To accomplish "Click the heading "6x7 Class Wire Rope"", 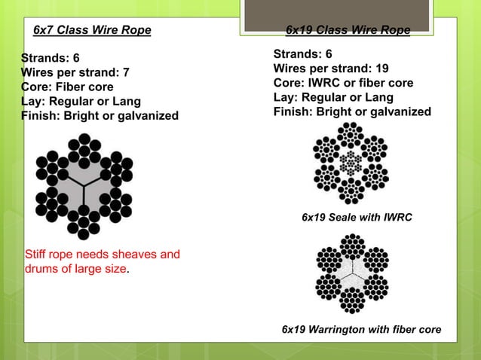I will (x=92, y=30).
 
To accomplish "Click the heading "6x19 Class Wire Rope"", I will (x=348, y=30).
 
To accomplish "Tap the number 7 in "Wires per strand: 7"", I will (x=126, y=72).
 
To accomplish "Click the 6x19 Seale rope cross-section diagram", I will (x=351, y=163).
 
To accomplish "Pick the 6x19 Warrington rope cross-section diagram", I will (x=351, y=273).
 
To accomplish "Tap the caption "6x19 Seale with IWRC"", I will (x=357, y=217).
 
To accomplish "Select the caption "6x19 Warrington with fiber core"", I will (x=361, y=330).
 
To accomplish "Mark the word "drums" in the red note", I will (x=42, y=268).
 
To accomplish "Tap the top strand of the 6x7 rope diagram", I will (x=84, y=146).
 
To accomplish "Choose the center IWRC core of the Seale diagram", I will (x=351, y=163).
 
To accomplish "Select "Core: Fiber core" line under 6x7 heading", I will (x=67, y=87).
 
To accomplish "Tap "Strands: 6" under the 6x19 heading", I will (x=302, y=54).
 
